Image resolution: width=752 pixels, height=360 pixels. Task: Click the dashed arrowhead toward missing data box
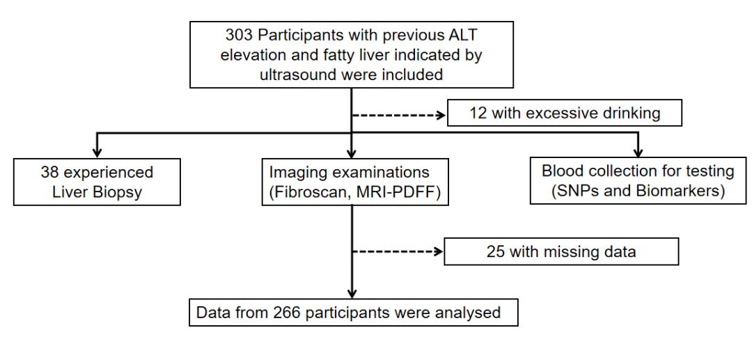pyautogui.click(x=439, y=251)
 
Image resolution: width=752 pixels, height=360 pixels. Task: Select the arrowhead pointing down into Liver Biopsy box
pyautogui.click(x=97, y=153)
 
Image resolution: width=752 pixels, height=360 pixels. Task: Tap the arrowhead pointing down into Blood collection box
pyautogui.click(x=637, y=153)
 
